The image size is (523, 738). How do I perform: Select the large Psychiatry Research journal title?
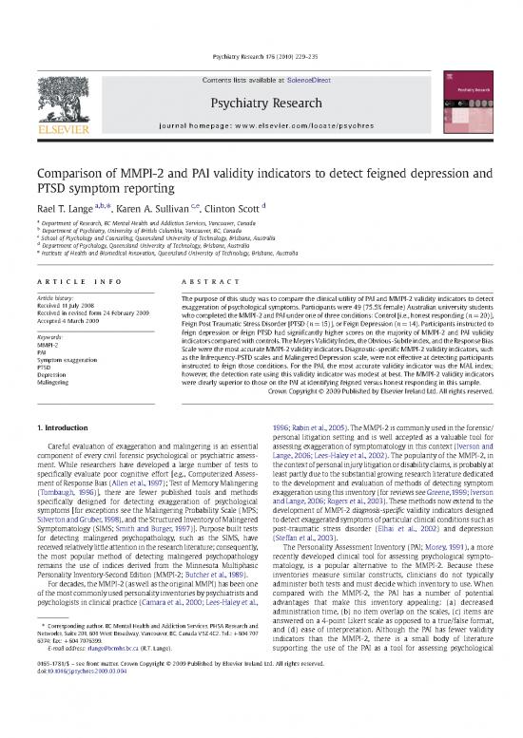(261, 77)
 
